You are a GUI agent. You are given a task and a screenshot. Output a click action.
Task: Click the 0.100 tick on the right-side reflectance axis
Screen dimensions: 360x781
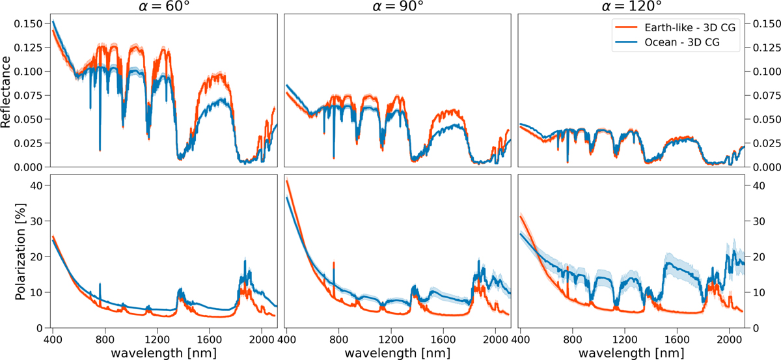764,72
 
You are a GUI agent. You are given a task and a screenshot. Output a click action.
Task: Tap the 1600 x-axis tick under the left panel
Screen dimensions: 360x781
208,339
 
